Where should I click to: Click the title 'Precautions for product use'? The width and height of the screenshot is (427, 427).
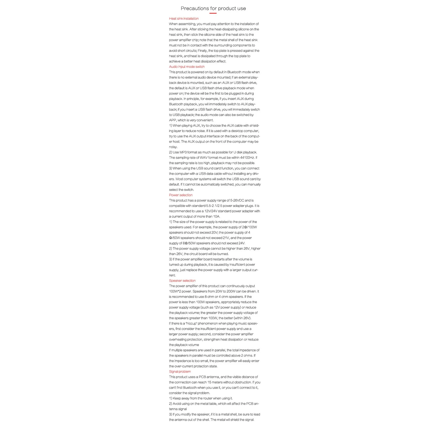tap(213, 8)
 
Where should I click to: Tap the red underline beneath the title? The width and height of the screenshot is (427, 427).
tap(213, 13)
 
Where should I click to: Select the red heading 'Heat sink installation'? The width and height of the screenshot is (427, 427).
tap(184, 19)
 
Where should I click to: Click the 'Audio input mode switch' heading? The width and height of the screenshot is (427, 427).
tap(187, 67)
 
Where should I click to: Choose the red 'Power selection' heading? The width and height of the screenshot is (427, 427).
tap(181, 195)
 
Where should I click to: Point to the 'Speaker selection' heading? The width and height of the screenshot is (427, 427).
tap(182, 281)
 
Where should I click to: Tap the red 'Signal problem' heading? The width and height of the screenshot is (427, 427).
tap(180, 371)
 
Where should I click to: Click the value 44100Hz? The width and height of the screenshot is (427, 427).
tap(247, 157)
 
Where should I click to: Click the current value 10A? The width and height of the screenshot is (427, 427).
tap(216, 217)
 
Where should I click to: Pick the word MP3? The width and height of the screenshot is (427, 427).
tap(183, 152)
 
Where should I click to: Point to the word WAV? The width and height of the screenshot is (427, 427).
tap(203, 157)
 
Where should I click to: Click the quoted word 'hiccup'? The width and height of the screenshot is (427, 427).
tap(191, 324)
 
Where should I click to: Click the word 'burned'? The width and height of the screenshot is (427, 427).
tap(223, 254)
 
